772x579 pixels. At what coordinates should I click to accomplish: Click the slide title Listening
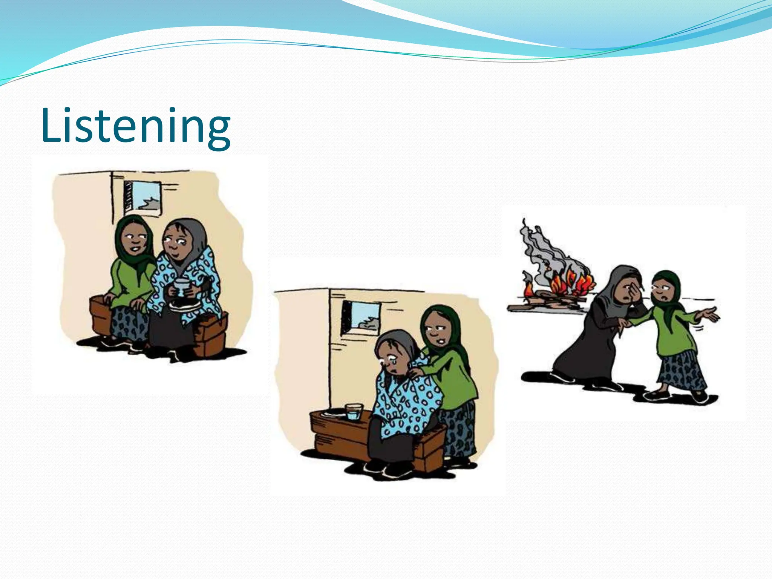point(136,126)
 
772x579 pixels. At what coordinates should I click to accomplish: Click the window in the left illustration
point(143,198)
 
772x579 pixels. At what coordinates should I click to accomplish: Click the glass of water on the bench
point(354,412)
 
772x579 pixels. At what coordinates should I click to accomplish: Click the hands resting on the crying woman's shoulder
point(415,373)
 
